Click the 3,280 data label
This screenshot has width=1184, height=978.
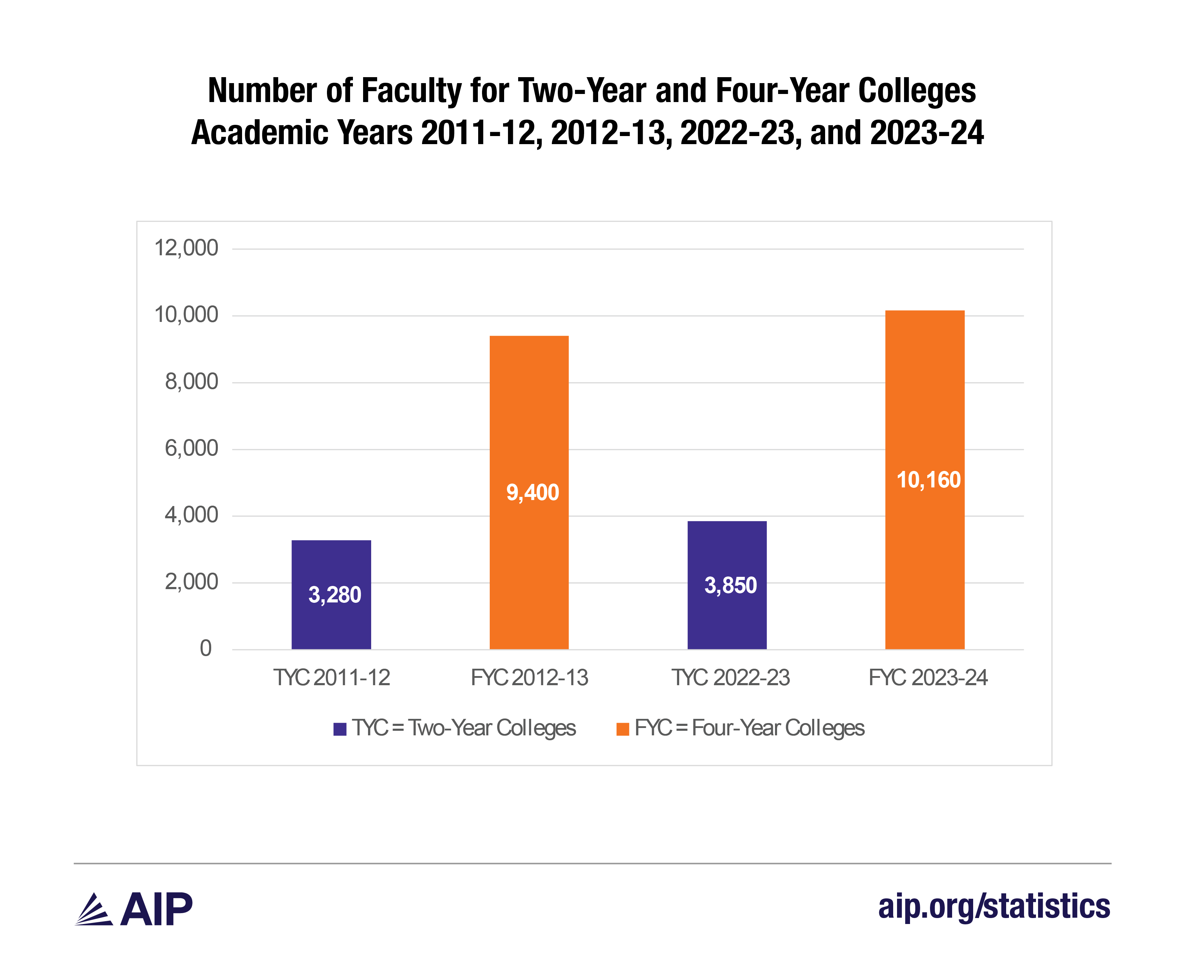pyautogui.click(x=334, y=595)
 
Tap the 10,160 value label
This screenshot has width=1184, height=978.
pyautogui.click(x=928, y=480)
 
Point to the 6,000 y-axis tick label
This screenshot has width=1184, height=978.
pyautogui.click(x=191, y=448)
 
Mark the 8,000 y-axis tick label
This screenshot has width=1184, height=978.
pyautogui.click(x=191, y=382)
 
